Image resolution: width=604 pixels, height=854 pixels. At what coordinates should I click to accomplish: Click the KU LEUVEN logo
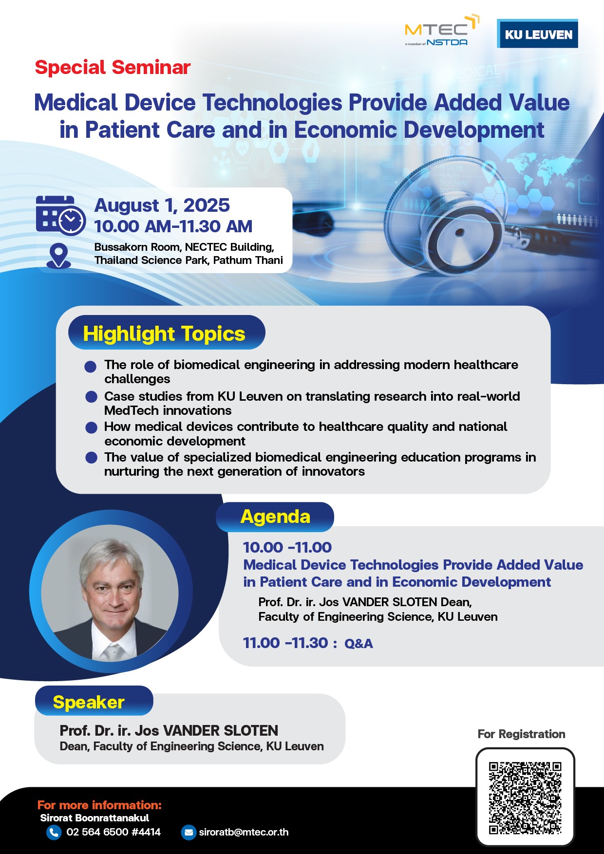pyautogui.click(x=537, y=34)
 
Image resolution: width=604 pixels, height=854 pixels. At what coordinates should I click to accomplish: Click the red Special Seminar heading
pyautogui.click(x=113, y=67)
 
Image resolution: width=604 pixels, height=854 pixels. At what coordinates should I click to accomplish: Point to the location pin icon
pyautogui.click(x=58, y=256)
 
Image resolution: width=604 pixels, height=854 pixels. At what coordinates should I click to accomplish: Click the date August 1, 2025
pyautogui.click(x=162, y=205)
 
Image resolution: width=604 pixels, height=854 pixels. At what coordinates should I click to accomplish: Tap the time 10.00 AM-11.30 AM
pyautogui.click(x=173, y=226)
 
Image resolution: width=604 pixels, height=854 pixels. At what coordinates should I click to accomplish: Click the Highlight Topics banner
pyautogui.click(x=167, y=333)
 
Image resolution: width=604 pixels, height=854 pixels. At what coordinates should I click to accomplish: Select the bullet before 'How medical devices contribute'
pyautogui.click(x=91, y=427)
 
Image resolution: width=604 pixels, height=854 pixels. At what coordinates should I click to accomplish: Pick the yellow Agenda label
pyautogui.click(x=275, y=517)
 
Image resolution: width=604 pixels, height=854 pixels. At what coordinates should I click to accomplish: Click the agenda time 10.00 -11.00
pyautogui.click(x=287, y=547)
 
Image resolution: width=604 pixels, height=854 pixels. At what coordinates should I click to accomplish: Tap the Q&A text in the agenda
pyautogui.click(x=359, y=644)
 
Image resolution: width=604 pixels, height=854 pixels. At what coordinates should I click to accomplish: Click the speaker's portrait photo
pyautogui.click(x=110, y=593)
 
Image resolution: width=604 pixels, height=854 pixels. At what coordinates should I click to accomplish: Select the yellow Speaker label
pyautogui.click(x=89, y=702)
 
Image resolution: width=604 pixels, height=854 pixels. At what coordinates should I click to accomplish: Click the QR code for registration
pyautogui.click(x=525, y=798)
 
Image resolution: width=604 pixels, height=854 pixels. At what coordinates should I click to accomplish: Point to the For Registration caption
pyautogui.click(x=521, y=734)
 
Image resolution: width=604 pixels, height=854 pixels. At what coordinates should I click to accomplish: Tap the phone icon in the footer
pyautogui.click(x=54, y=833)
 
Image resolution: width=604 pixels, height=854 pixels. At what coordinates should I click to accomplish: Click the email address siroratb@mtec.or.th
pyautogui.click(x=244, y=832)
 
